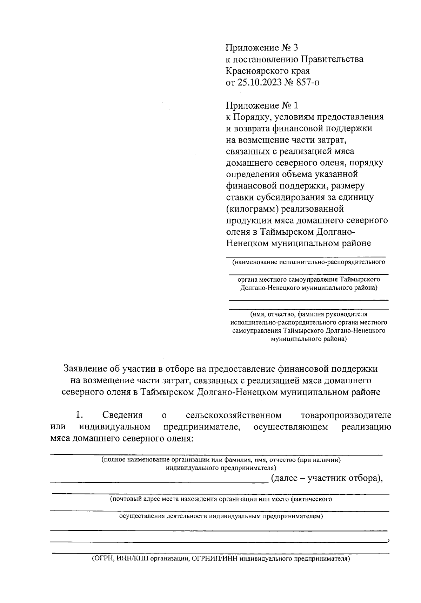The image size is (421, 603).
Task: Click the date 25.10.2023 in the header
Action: (x=259, y=83)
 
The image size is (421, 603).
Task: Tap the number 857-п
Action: (x=306, y=83)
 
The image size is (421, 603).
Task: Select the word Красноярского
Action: (x=256, y=71)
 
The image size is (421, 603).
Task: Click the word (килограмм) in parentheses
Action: (x=250, y=209)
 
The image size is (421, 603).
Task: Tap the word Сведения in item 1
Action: (x=122, y=415)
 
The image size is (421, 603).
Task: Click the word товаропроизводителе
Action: (x=346, y=415)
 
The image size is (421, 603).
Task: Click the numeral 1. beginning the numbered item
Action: (x=79, y=415)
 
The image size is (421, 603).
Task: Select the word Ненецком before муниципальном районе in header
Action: (x=247, y=243)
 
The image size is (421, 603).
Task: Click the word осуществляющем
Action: (x=291, y=427)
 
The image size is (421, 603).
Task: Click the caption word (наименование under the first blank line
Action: (x=254, y=262)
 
